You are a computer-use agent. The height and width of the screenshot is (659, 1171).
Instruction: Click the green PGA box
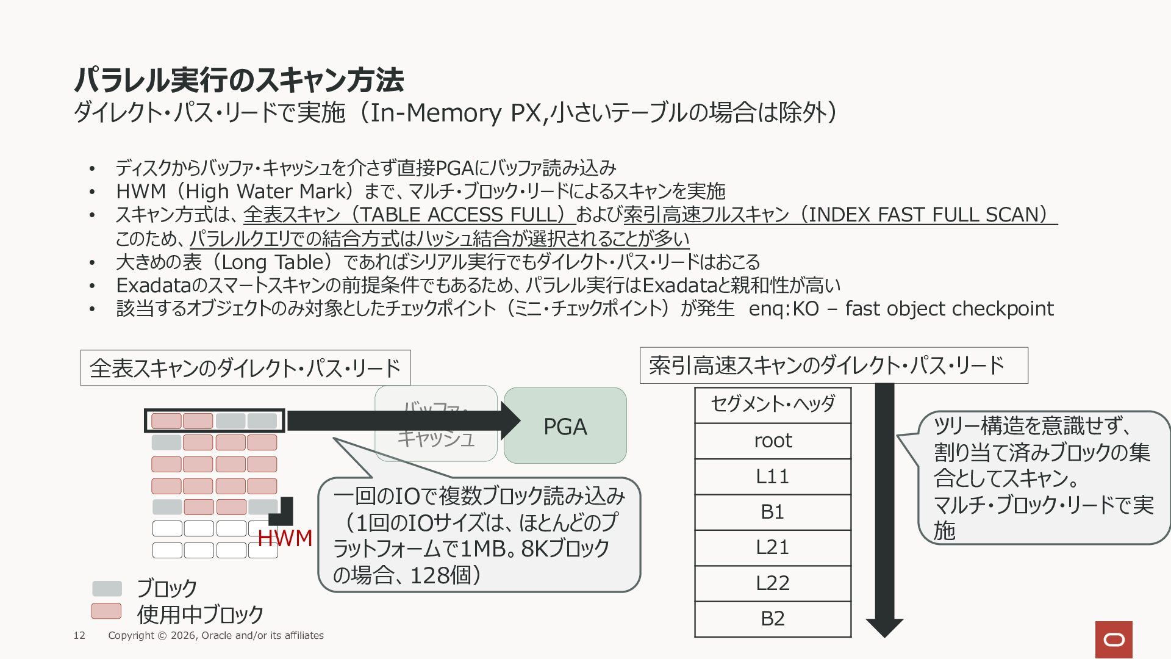click(565, 426)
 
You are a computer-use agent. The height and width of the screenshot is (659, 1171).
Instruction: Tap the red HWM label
click(285, 538)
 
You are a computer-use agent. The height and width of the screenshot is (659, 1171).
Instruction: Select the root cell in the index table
click(773, 441)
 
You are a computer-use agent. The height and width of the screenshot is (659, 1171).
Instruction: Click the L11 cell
click(773, 477)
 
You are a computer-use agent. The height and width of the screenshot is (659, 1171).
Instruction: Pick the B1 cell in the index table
click(773, 512)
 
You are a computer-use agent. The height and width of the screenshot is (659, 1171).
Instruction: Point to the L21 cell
click(773, 547)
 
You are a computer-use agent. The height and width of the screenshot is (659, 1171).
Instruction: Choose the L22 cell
click(773, 583)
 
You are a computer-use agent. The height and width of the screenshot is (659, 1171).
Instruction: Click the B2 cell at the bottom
click(773, 619)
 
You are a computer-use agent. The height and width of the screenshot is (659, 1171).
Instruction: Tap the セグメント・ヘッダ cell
click(773, 405)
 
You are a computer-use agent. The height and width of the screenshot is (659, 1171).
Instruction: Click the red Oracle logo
click(1114, 639)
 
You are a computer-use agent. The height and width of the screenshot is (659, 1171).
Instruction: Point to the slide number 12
click(79, 636)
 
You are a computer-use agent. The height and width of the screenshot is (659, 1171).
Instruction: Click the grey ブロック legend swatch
click(107, 589)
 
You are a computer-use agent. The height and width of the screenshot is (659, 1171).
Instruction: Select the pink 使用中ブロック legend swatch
click(107, 611)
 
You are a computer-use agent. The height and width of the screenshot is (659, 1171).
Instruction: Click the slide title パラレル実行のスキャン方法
click(238, 79)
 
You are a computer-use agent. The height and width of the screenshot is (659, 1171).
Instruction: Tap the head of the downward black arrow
click(884, 627)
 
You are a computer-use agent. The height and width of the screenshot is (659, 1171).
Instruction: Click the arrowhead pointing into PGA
click(510, 420)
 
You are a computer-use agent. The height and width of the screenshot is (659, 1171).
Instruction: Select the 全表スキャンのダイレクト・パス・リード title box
click(245, 368)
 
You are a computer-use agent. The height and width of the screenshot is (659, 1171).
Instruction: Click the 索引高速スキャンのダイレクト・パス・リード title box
click(834, 366)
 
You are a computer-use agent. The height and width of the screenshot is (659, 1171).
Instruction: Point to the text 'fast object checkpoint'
click(950, 309)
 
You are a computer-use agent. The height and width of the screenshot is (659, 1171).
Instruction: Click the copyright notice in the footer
click(216, 636)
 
